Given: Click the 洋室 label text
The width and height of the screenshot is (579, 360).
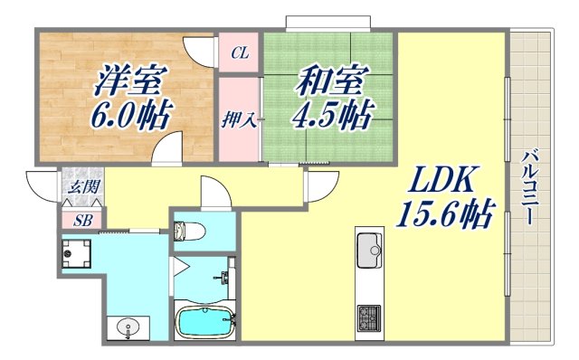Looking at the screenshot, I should pos(128,81).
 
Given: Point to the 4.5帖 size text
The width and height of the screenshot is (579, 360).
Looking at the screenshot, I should pos(330,115).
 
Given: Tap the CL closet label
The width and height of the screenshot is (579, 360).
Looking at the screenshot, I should pos(240,53).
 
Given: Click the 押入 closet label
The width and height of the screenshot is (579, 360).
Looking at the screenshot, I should pos(240,119).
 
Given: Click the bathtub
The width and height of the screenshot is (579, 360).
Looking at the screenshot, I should pos(204,321).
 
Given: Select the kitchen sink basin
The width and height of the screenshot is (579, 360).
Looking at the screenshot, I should pos(371,246).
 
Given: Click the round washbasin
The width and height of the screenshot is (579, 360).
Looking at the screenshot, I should pos(127,327).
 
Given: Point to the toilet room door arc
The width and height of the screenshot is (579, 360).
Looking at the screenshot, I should pos(214,193).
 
